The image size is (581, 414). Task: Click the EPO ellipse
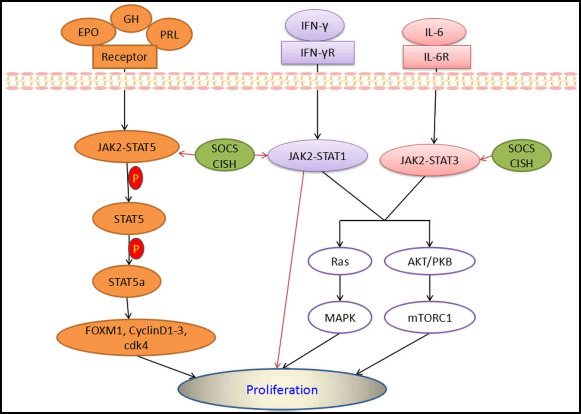88,32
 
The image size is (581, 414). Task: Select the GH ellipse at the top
131,19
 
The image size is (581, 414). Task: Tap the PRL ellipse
169,34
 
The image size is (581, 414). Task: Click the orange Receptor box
125,57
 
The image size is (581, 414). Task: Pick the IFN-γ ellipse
314,26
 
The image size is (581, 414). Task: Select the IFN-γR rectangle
318,53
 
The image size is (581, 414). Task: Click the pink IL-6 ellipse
434,32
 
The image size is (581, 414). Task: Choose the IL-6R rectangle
437,57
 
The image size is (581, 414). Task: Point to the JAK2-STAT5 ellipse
127,147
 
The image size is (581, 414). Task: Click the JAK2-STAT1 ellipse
317,156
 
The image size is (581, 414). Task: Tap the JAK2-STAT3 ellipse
429,160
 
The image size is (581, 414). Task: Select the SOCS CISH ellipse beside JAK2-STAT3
521,156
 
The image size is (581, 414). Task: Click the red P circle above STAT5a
136,249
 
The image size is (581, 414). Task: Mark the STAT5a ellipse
127,282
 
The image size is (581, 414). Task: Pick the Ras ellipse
340,261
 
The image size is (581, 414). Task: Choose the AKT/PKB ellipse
430,261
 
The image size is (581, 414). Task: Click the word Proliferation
282,390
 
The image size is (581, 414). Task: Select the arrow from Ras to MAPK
340,288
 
